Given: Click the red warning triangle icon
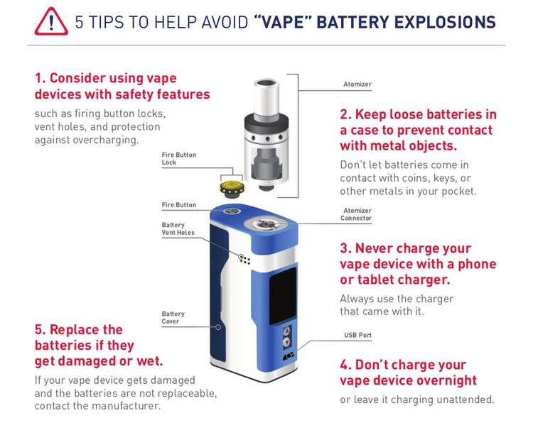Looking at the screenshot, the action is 51,22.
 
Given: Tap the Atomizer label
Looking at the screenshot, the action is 357,84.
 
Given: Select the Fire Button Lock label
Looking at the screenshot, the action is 179,158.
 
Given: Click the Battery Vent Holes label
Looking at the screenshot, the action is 178,228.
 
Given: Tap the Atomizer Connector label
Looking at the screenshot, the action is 356,214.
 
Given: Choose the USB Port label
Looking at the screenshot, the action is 357,335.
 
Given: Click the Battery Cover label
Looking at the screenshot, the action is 173,317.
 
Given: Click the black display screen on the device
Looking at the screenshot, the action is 283,296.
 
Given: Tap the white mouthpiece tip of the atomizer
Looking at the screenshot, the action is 266,96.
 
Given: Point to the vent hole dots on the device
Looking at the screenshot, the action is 244,260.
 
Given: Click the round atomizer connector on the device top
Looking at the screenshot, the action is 266,224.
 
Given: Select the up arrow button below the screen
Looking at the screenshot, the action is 286,331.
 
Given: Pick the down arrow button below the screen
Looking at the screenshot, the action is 286,342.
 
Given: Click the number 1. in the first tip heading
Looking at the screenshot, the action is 40,79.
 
